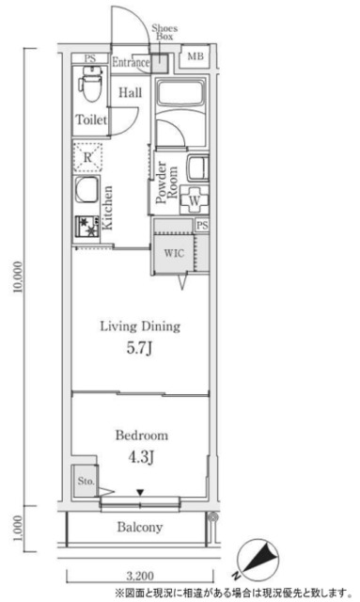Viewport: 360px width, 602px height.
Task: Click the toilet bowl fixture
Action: [90, 84]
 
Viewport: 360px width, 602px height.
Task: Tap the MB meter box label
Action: [196, 56]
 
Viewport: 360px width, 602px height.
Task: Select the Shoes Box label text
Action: [164, 32]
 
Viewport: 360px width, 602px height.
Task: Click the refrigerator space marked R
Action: [88, 157]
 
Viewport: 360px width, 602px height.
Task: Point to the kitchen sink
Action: [86, 190]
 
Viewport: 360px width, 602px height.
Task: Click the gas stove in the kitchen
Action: [87, 226]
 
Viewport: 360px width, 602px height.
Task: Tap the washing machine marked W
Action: [195, 199]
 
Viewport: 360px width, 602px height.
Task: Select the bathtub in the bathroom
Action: [180, 93]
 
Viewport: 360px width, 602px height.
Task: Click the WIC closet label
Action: [174, 253]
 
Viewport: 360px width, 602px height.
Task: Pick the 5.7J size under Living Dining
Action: [140, 348]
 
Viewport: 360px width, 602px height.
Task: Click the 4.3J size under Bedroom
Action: [141, 457]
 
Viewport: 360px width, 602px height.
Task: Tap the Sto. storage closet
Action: [86, 482]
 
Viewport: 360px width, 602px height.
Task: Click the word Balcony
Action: [140, 527]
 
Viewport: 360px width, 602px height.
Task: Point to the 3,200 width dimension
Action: [140, 576]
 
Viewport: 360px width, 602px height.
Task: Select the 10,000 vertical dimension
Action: [19, 277]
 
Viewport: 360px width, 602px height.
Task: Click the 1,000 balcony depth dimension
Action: [19, 529]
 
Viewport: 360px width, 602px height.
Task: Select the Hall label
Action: [130, 92]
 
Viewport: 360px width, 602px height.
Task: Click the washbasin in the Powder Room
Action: [198, 168]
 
